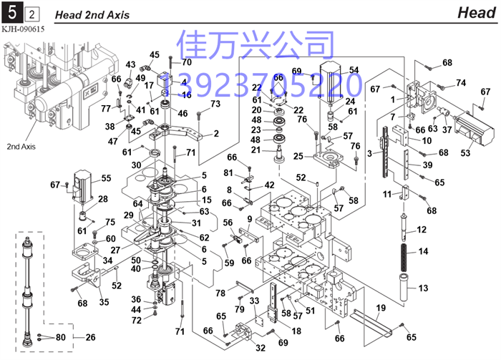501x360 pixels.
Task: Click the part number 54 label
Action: click(354, 70)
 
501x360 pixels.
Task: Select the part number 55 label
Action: click(106, 178)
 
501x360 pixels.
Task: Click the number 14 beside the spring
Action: click(422, 251)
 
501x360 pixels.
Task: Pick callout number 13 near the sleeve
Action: click(422, 288)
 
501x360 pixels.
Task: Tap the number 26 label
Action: click(90, 337)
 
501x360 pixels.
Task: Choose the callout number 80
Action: click(60, 337)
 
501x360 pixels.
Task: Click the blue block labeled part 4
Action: click(164, 80)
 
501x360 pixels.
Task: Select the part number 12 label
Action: click(422, 229)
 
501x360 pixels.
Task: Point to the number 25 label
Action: click(298, 155)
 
